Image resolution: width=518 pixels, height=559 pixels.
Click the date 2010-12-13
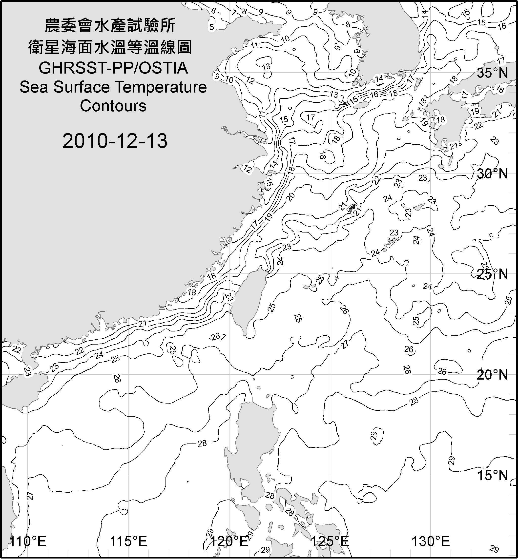(115, 141)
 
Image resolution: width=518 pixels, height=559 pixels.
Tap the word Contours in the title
(113, 106)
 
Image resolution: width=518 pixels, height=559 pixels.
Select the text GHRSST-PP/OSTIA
(113, 68)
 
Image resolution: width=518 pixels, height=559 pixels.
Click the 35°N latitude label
(492, 73)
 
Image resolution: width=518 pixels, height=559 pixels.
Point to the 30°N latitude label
(492, 174)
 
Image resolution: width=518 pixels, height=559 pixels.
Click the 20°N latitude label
(492, 375)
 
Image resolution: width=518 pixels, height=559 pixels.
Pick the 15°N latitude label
(492, 475)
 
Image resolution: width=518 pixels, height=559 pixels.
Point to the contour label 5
(212, 27)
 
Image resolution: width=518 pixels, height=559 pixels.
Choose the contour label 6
(214, 11)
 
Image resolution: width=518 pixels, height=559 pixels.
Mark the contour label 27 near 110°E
(30, 496)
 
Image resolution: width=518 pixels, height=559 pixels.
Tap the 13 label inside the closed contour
(266, 67)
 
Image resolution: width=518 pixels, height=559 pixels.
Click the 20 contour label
(291, 197)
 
